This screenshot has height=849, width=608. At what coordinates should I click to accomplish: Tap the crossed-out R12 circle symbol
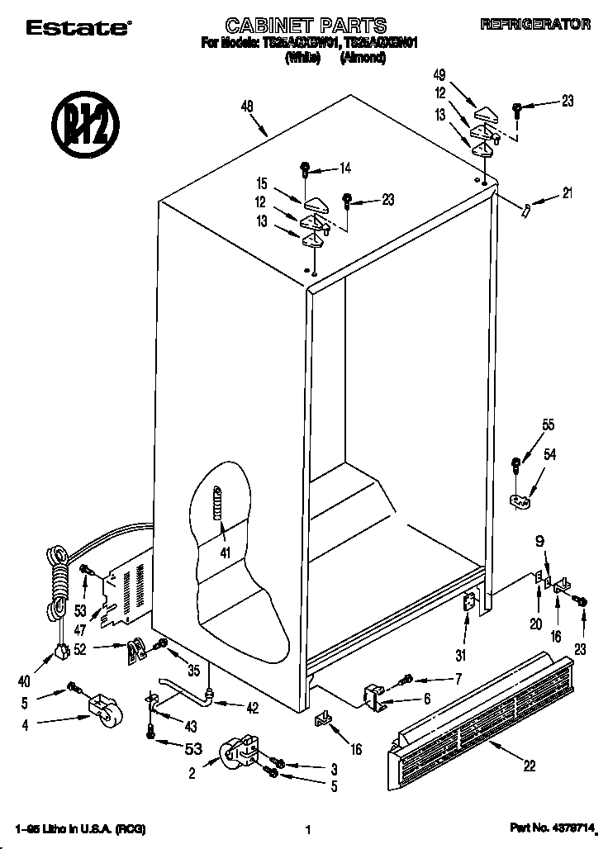(x=86, y=129)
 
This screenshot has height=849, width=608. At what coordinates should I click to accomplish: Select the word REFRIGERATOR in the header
(x=535, y=25)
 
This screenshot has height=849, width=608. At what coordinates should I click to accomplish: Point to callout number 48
(x=247, y=105)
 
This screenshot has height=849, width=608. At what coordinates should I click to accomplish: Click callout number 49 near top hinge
(x=439, y=75)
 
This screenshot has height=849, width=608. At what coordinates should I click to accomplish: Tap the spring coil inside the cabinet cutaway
(x=219, y=503)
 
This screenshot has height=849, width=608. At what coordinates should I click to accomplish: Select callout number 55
(x=548, y=425)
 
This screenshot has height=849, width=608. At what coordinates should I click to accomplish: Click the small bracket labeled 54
(x=519, y=500)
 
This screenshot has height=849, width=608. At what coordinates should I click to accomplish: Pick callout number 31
(x=460, y=657)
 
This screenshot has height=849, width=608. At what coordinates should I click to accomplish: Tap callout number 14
(x=344, y=168)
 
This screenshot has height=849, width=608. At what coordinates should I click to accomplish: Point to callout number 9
(x=540, y=543)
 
